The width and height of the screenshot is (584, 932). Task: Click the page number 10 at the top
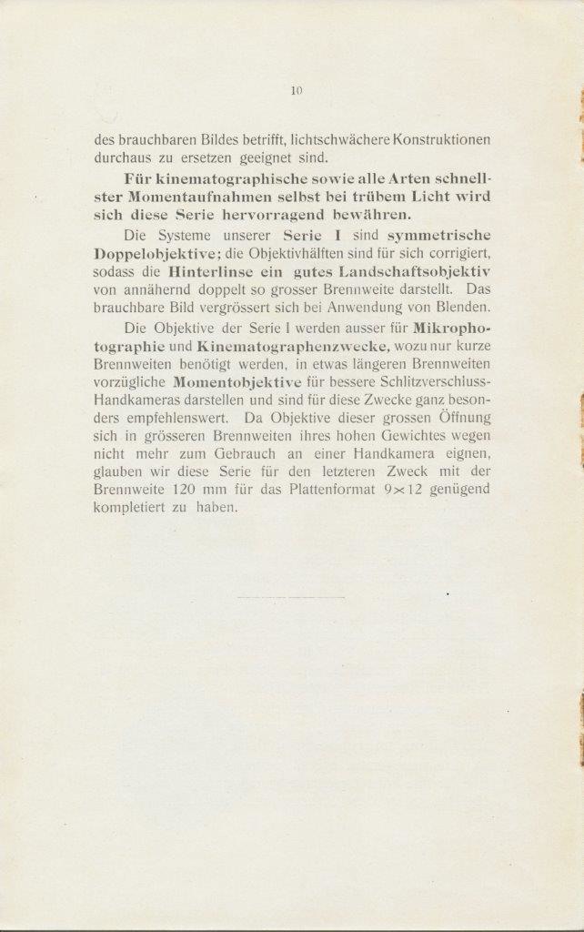click(x=296, y=90)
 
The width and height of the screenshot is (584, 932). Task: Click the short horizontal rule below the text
click(x=290, y=597)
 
